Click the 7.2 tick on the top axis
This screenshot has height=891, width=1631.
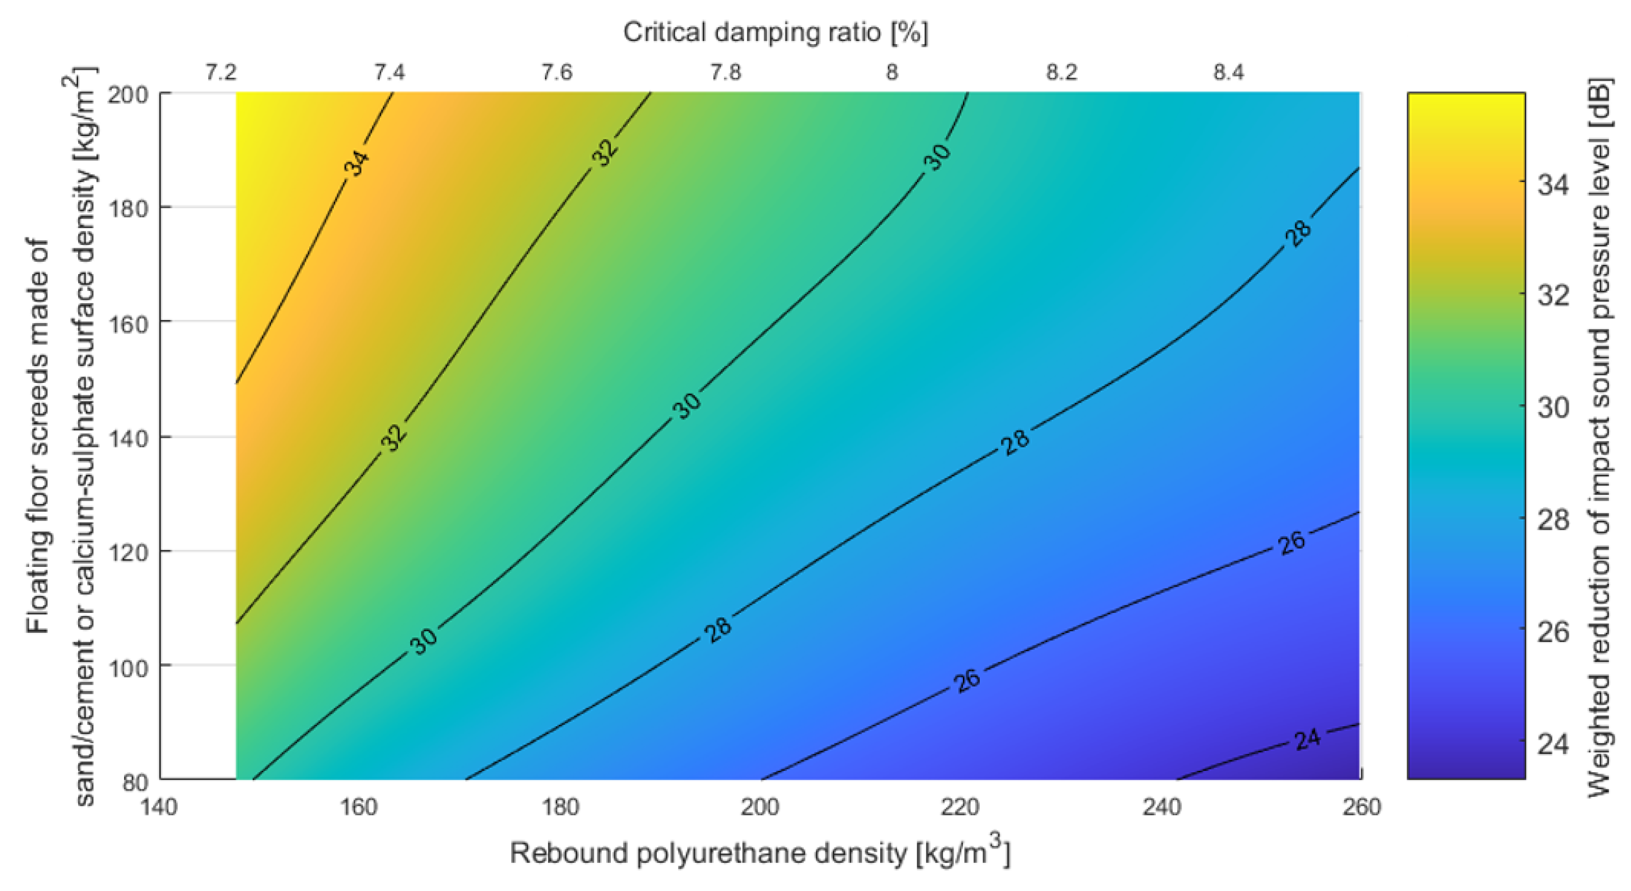point(221,73)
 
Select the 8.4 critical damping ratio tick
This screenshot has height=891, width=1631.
point(1228,73)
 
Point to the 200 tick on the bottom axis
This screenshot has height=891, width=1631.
point(760,807)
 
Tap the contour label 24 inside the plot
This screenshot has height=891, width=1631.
point(1307,739)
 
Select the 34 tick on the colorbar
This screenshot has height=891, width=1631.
point(1553,185)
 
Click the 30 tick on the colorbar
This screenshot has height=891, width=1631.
point(1553,408)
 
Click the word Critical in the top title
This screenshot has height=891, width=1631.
point(664,32)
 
